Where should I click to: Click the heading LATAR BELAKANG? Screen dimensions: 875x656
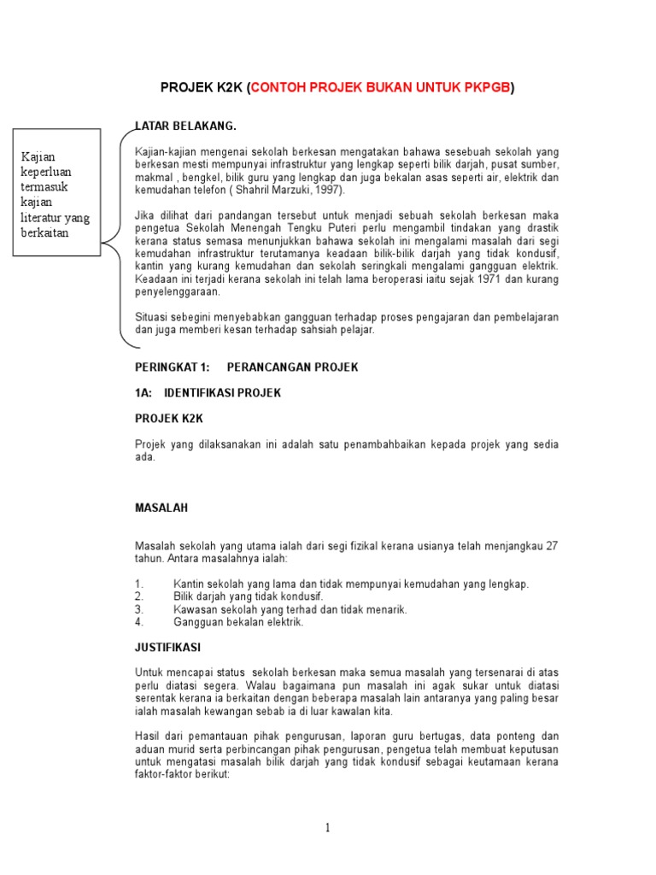coord(185,126)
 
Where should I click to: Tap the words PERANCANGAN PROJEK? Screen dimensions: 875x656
coord(292,367)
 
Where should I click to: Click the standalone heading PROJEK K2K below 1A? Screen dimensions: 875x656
coord(169,419)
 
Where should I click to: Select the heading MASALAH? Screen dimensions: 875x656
coord(161,508)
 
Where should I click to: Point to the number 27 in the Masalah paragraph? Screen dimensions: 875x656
coord(552,546)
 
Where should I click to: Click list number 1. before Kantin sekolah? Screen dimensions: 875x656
coord(138,584)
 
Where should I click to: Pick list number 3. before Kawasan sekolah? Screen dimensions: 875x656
coord(138,609)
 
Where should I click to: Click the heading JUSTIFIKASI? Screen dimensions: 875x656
coord(167,648)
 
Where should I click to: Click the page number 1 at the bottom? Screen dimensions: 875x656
coord(328,827)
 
